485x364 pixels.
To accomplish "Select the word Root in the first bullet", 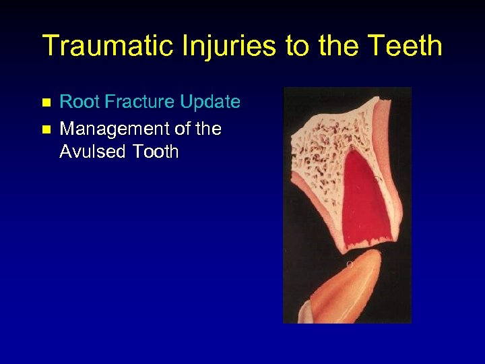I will pyautogui.click(x=77, y=102).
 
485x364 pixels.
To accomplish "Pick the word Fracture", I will pyautogui.click(x=137, y=102).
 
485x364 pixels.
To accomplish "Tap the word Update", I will pyautogui.click(x=210, y=102).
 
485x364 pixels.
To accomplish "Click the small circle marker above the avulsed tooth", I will pyautogui.click(x=349, y=264).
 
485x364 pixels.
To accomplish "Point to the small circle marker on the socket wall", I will pyautogui.click(x=377, y=179).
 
